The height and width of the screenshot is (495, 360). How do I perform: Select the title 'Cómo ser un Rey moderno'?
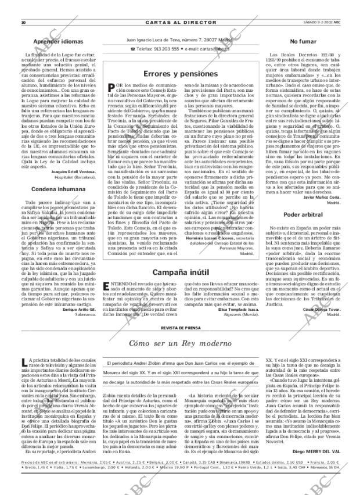point(179,343)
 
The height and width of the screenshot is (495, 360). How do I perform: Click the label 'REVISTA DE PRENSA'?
point(180,328)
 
